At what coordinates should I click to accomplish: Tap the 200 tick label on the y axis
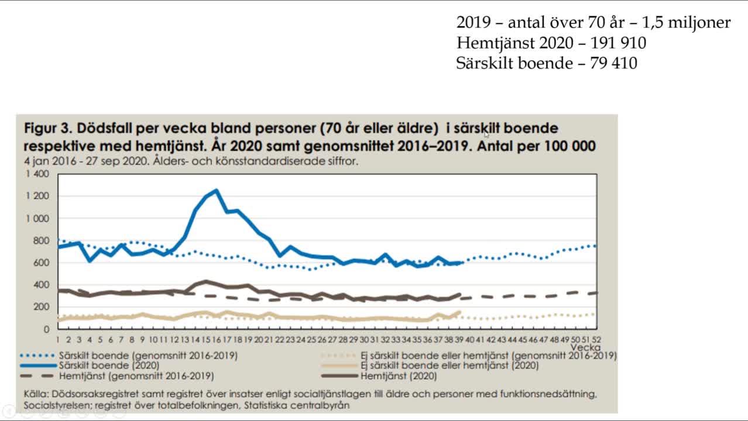(42, 306)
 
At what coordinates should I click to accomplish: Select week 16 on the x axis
(217, 339)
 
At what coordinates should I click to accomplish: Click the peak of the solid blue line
(217, 190)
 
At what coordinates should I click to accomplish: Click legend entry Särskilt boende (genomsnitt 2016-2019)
(148, 354)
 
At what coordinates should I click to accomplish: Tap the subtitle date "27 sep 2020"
(102, 161)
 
